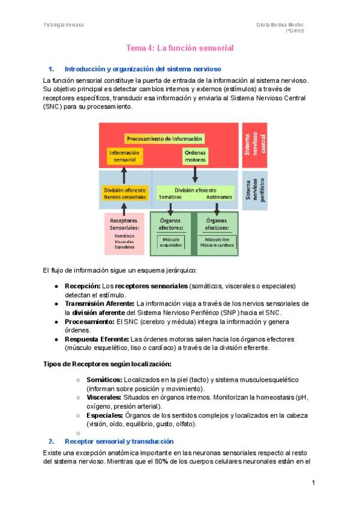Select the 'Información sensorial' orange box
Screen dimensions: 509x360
click(124, 156)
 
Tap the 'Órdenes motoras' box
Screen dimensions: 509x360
click(194, 156)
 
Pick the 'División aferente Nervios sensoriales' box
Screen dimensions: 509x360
click(124, 193)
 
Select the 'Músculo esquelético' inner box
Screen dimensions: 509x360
click(170, 242)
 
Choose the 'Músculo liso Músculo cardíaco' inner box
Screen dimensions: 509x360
click(216, 242)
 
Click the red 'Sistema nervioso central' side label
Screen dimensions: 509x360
click(254, 145)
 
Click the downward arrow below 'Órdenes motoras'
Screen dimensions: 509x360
click(195, 173)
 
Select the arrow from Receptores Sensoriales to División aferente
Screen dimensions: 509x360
click(124, 208)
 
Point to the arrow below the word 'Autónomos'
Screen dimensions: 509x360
click(217, 208)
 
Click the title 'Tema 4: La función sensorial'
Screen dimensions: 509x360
click(179, 47)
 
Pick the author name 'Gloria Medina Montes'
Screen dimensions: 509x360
click(280, 25)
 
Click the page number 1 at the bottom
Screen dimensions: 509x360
click(313, 482)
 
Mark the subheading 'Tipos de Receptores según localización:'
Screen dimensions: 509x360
click(108, 364)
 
